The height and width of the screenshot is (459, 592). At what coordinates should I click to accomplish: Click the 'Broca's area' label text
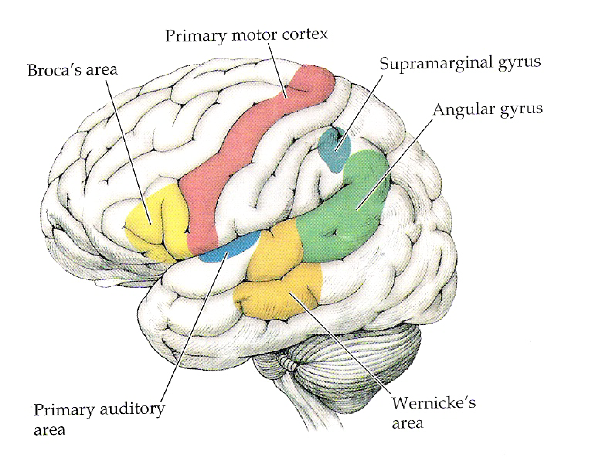pos(73,70)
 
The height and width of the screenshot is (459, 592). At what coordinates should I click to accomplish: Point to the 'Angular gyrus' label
pos(488,109)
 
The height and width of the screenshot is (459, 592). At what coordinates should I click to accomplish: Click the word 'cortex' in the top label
pos(305,35)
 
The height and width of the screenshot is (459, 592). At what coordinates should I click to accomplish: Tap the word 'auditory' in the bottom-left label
pos(132,410)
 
